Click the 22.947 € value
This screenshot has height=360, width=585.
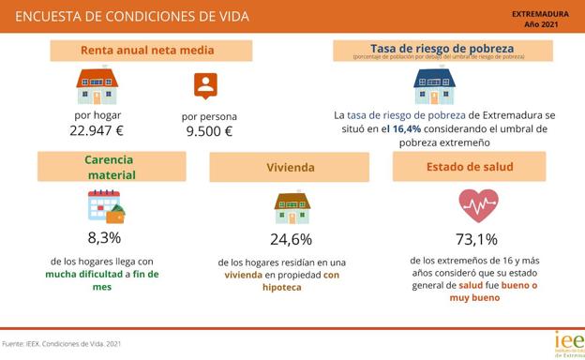[x=97, y=130]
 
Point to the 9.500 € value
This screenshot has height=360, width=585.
[x=209, y=131]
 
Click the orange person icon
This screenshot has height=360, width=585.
[x=205, y=85]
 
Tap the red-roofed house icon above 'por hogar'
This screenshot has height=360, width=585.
[x=97, y=85]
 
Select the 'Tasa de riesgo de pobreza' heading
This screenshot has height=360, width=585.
[x=442, y=48]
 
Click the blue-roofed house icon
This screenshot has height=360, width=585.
[x=434, y=85]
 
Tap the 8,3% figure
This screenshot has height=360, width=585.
[x=104, y=237]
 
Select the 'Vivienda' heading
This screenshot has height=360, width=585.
[x=291, y=168]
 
